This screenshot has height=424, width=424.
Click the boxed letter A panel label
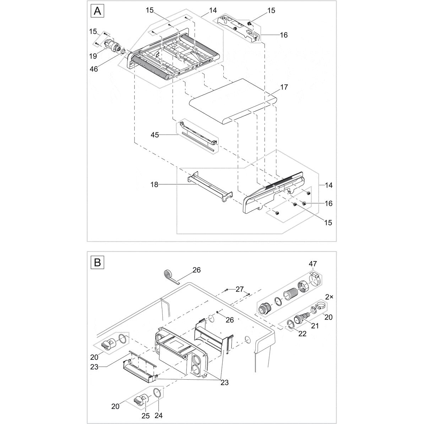[x=97, y=11]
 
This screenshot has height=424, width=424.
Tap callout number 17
[x=284, y=87]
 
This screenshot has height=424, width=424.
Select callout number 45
[x=155, y=135]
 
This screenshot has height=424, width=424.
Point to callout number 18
[x=154, y=185]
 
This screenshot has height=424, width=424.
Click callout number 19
[x=93, y=56]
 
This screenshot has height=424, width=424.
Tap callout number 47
[x=313, y=263]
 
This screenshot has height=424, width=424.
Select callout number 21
[x=315, y=325]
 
